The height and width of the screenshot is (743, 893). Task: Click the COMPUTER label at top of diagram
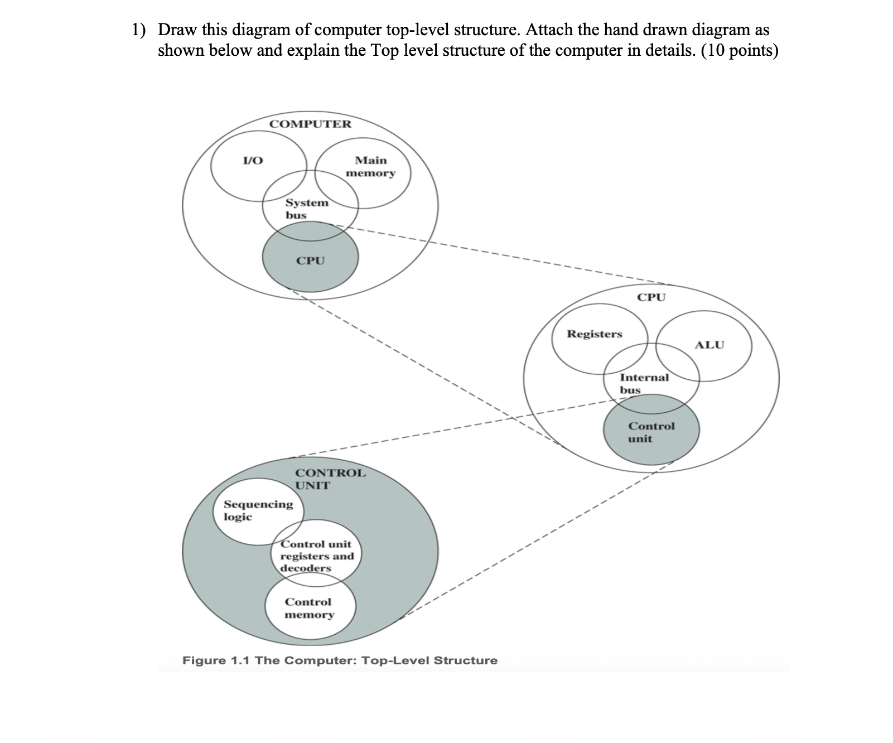click(310, 124)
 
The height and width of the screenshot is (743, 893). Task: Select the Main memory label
click(370, 166)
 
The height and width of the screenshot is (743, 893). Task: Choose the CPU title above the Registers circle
click(651, 297)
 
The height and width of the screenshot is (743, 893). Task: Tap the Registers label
click(595, 334)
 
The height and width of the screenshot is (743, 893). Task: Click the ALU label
click(709, 345)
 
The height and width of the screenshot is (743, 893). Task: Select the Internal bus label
click(644, 383)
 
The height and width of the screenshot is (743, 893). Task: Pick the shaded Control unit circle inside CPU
click(651, 432)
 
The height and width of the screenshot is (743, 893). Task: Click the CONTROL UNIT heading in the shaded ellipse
click(330, 479)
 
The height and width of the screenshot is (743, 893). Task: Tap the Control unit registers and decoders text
click(316, 556)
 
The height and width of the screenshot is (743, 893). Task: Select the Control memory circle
click(309, 608)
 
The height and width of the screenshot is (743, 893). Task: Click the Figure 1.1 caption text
click(340, 660)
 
